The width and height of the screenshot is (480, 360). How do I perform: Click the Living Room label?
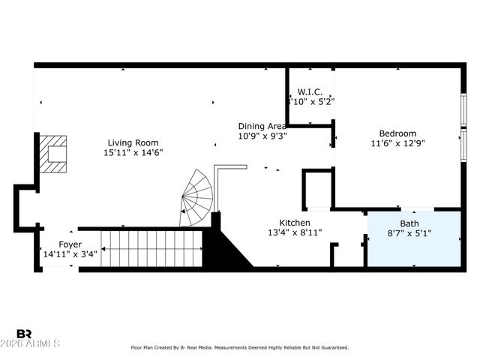pyautogui.click(x=133, y=142)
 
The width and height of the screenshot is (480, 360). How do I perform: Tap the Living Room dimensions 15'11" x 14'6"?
pyautogui.click(x=133, y=152)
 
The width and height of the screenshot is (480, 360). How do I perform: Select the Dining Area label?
pyautogui.click(x=262, y=126)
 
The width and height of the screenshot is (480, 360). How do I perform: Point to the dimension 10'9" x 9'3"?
pyautogui.click(x=262, y=136)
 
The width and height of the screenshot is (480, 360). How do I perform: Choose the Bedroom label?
pyautogui.click(x=397, y=133)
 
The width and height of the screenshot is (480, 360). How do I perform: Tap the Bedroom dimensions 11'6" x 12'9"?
pyautogui.click(x=397, y=143)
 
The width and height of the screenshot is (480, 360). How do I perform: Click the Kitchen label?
pyautogui.click(x=295, y=223)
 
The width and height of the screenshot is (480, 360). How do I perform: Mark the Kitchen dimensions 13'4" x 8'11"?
pyautogui.click(x=295, y=232)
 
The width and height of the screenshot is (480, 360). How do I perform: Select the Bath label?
pyautogui.click(x=409, y=223)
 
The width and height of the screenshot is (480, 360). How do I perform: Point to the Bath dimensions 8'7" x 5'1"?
pyautogui.click(x=409, y=234)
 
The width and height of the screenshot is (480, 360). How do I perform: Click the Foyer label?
pyautogui.click(x=70, y=244)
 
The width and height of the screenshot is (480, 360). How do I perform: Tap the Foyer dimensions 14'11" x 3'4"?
pyautogui.click(x=70, y=253)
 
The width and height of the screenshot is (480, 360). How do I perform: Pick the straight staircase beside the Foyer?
pyautogui.click(x=152, y=248)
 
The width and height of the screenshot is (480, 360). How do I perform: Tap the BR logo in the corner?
pyautogui.click(x=25, y=334)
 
